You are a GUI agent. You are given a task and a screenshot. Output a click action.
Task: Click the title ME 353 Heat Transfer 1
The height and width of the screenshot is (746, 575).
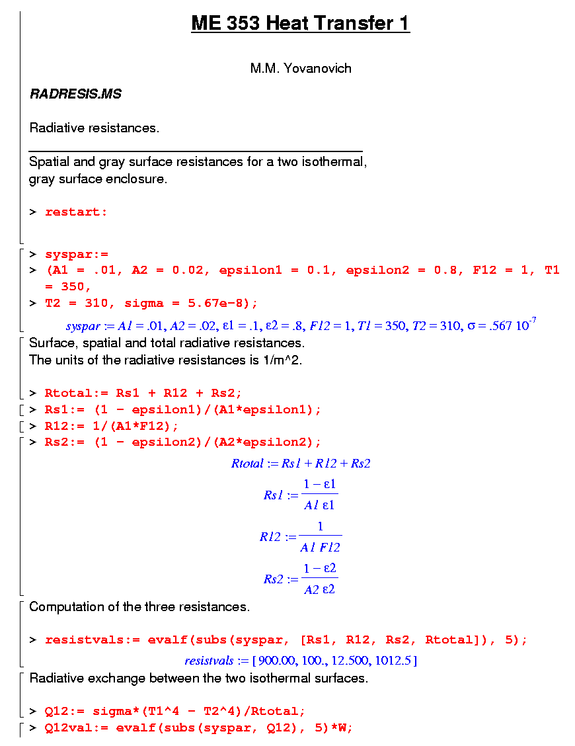[300, 24]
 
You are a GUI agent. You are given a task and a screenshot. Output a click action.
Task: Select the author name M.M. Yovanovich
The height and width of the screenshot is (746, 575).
[301, 68]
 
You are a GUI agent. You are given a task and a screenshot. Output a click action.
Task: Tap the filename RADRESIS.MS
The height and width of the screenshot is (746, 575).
[75, 94]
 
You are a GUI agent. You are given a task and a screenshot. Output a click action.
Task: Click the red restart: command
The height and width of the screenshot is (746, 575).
[76, 212]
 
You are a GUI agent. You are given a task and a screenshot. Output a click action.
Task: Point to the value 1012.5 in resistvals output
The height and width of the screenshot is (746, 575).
[398, 661]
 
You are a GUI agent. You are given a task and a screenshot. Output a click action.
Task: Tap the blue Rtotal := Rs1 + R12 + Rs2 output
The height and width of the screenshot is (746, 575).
[301, 464]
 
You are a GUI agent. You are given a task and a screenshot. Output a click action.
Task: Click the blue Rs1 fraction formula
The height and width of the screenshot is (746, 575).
[301, 495]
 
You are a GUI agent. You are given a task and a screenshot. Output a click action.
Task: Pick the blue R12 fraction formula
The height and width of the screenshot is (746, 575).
[301, 536]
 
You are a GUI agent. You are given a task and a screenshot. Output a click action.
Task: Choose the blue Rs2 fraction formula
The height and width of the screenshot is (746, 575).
[301, 579]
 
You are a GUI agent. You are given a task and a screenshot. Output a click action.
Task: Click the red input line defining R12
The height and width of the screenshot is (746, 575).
[112, 426]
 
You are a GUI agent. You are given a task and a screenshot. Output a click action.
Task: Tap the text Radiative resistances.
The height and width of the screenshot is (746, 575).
[95, 128]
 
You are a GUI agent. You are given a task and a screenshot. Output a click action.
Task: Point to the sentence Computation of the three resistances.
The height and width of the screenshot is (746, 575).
[139, 606]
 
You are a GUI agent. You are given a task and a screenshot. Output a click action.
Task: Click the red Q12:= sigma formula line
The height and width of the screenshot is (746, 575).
[175, 712]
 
